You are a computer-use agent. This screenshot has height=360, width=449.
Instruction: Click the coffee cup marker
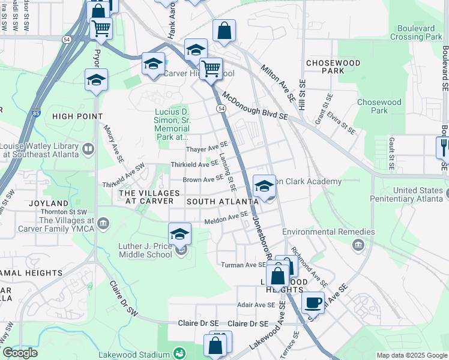pyautogui.click(x=313, y=302)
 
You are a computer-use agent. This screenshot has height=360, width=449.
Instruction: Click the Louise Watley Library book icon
pyautogui.click(x=88, y=148)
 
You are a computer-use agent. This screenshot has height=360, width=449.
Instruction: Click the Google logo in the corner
pyautogui.click(x=20, y=353)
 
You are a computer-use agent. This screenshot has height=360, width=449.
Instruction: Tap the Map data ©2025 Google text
pyautogui.click(x=412, y=355)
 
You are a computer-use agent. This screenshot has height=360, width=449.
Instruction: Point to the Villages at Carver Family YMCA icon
pyautogui.click(x=103, y=224)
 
